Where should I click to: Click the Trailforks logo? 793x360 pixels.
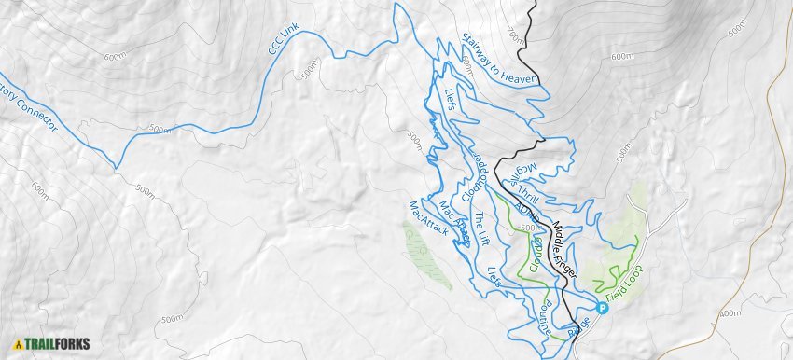point(51,343)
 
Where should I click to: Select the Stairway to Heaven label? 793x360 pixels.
point(500,59)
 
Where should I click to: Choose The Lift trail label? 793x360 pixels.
point(481,229)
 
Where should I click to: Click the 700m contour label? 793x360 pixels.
point(512,35)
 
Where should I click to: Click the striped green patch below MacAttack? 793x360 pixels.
point(428,256)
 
